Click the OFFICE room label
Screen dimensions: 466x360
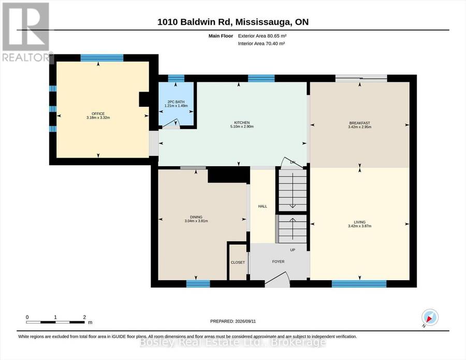[x=98, y=113]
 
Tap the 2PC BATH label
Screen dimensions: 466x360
[x=176, y=102]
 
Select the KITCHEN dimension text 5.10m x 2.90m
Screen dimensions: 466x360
[x=242, y=126]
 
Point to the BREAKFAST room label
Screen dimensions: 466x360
[x=360, y=123]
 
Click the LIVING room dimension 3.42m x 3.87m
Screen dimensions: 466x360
[x=360, y=226]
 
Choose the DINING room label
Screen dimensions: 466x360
[x=196, y=217]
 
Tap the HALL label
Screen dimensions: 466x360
[x=263, y=206]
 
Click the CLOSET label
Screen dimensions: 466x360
[x=238, y=263]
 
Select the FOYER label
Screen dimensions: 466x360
[x=278, y=262]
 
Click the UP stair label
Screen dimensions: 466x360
[x=293, y=250]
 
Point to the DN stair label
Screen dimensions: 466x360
[x=293, y=162]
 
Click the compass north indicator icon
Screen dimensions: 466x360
[x=430, y=318]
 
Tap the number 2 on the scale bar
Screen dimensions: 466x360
[x=84, y=317]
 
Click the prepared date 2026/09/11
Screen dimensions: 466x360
[x=245, y=321]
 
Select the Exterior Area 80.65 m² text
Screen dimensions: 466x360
[x=262, y=36]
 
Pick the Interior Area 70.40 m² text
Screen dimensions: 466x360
[x=261, y=44]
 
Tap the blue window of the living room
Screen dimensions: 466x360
[x=359, y=284]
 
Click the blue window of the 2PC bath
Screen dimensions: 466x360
[x=176, y=79]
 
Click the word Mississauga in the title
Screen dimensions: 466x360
[x=264, y=22]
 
